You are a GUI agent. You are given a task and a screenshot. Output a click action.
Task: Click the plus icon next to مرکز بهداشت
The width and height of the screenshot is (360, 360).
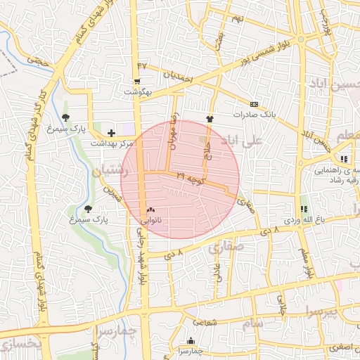click(x=111, y=132)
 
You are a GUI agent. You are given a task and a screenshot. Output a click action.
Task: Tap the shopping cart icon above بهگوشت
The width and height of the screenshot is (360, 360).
click(x=138, y=82)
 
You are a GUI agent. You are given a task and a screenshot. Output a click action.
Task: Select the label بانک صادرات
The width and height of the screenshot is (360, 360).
click(x=252, y=114)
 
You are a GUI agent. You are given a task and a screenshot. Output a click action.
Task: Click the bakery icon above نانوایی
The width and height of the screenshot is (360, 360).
click(x=150, y=210)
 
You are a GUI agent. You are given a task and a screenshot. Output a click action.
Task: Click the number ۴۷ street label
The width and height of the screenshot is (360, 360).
click(x=143, y=66)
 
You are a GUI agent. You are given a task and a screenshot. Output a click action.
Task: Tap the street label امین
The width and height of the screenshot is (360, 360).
click(x=112, y=193)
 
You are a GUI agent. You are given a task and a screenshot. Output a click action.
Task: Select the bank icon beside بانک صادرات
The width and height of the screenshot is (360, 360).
click(x=254, y=104)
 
